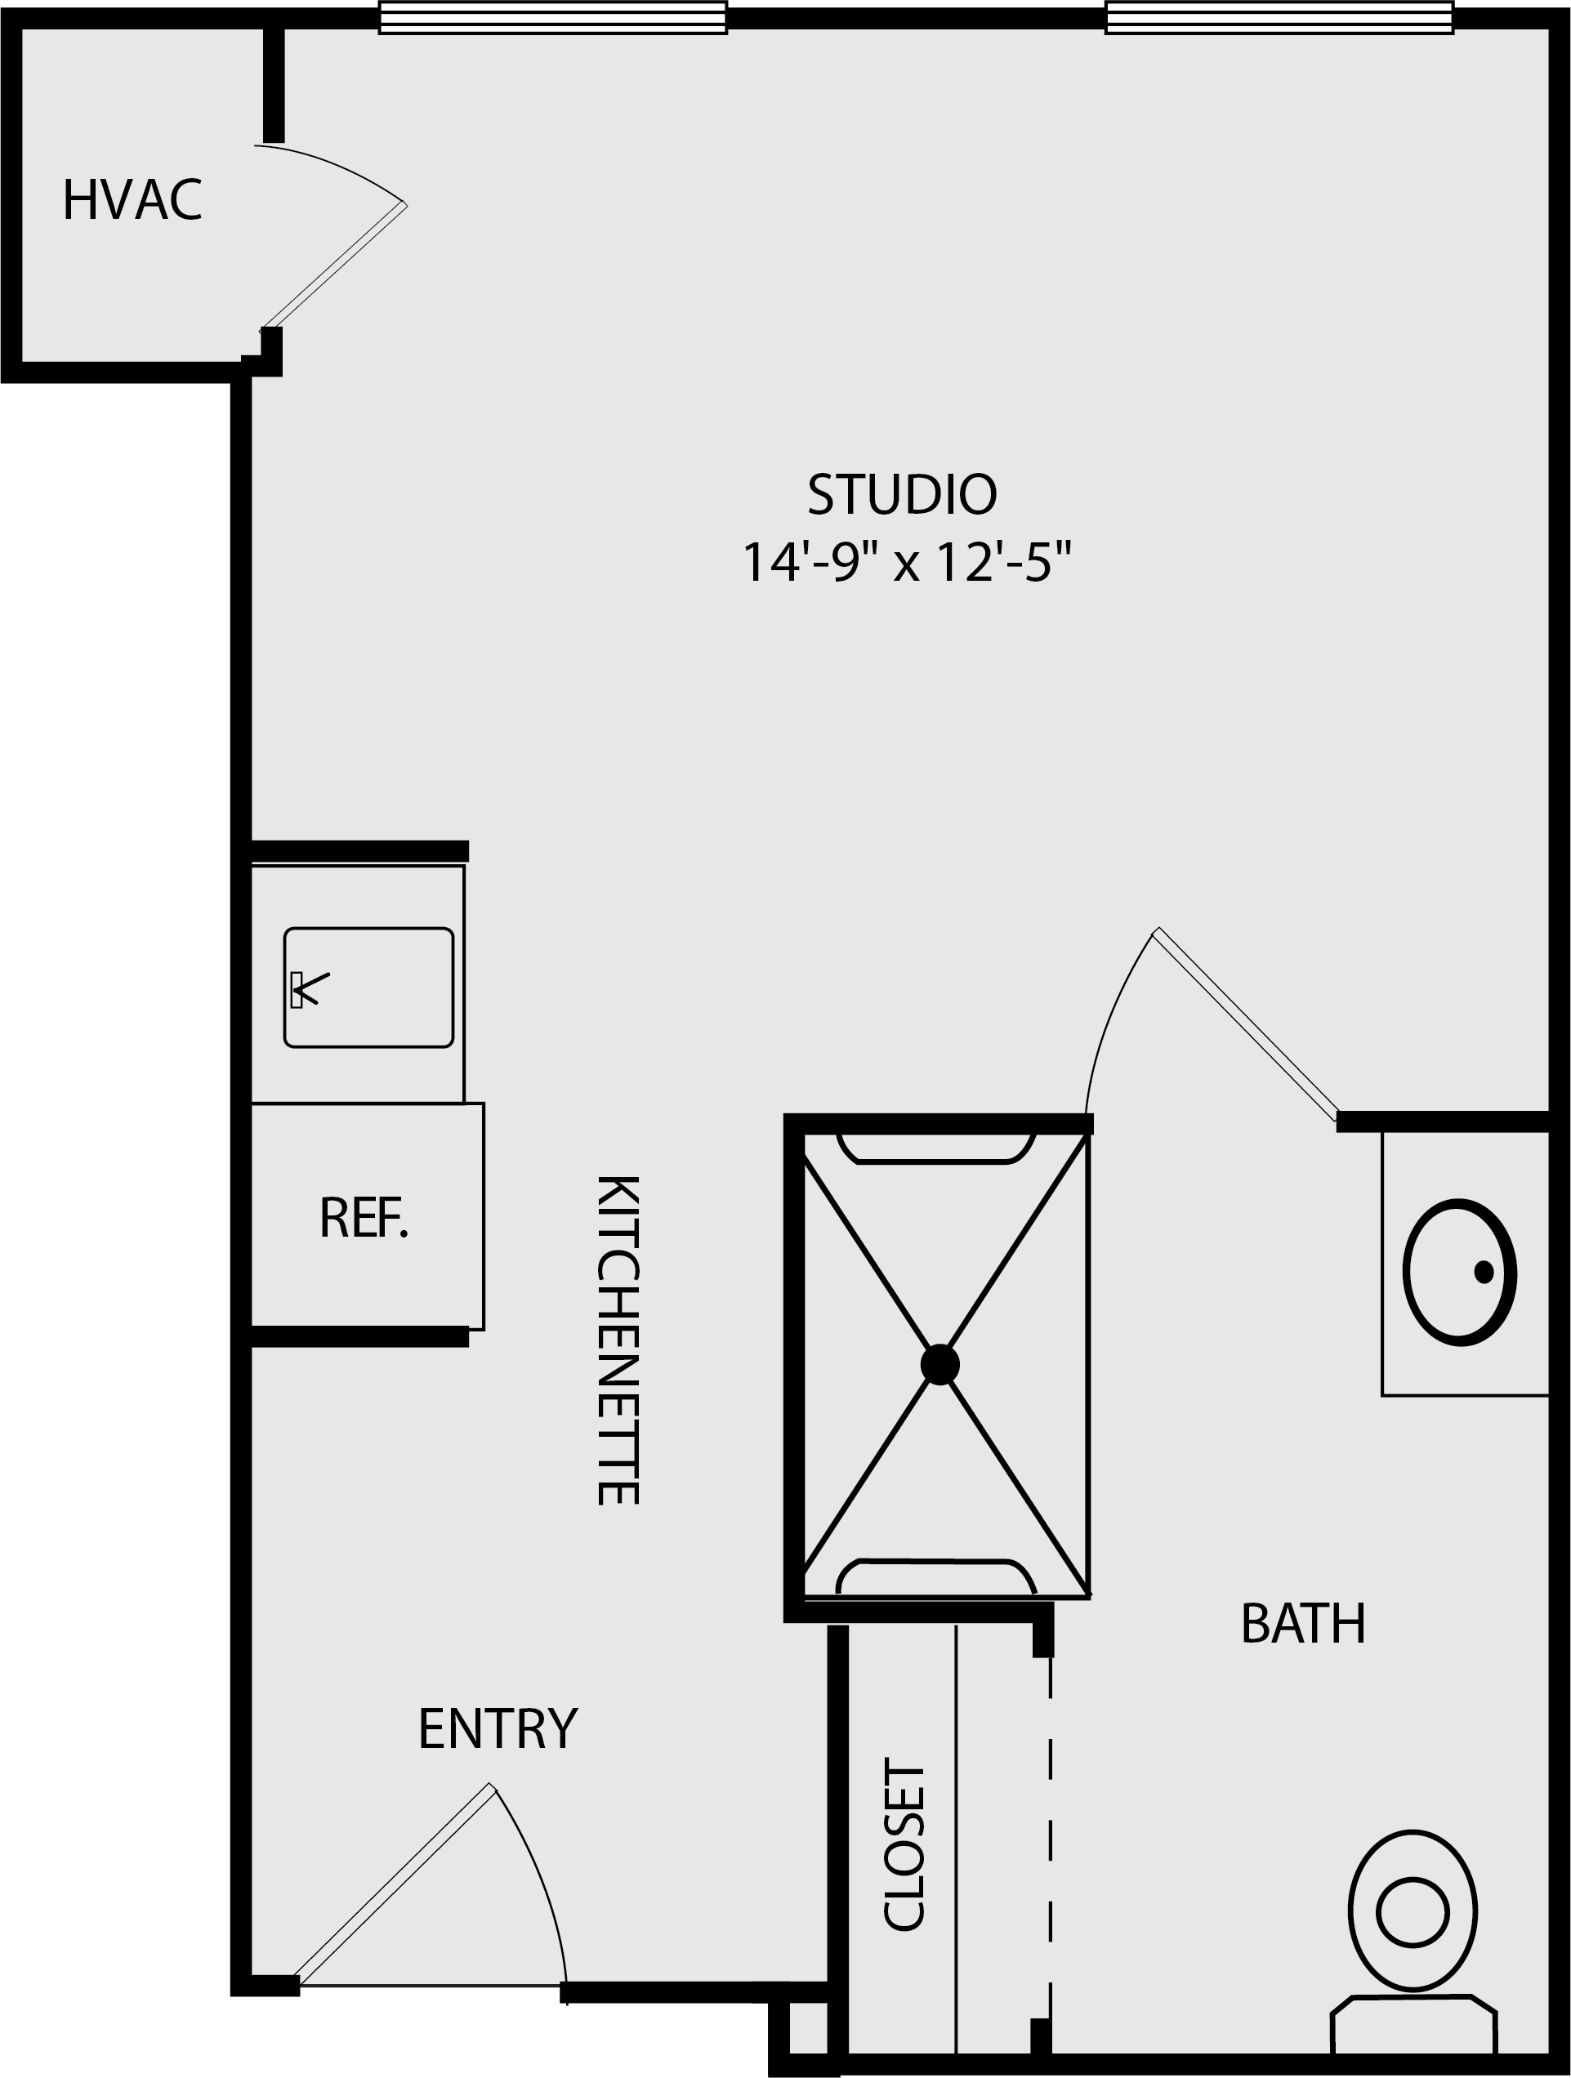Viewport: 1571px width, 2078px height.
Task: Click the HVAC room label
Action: tap(132, 200)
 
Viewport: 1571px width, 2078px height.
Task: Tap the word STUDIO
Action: tap(902, 494)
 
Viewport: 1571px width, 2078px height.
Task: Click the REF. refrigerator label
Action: tap(364, 1219)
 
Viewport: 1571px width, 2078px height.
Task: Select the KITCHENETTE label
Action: tap(618, 1340)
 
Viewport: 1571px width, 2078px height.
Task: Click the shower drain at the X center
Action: tap(939, 1364)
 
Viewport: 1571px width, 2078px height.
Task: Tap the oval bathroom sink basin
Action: tap(1459, 1272)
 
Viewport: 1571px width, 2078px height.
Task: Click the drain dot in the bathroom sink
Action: tap(1484, 1272)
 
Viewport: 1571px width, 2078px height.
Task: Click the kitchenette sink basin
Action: tap(368, 988)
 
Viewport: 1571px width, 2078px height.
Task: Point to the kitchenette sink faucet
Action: tap(309, 989)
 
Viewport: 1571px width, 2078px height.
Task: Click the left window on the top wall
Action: tap(552, 17)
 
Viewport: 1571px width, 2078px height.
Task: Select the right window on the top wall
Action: tap(1279, 17)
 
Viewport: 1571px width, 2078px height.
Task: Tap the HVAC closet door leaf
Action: tap(333, 265)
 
